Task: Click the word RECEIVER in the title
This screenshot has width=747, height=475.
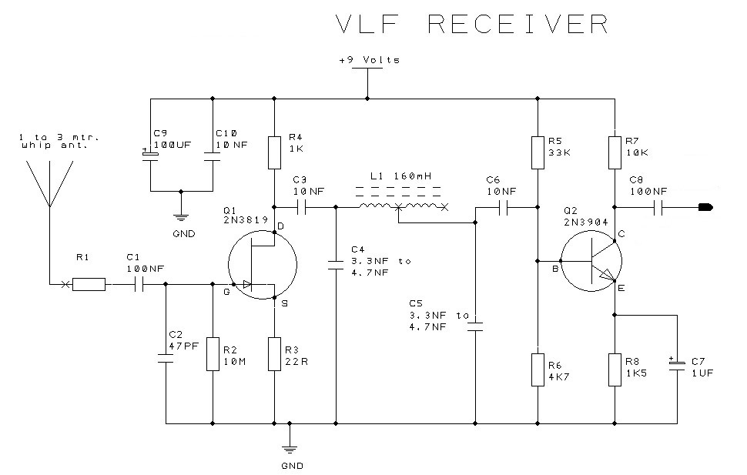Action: point(518,24)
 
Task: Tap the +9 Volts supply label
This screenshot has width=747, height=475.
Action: point(369,60)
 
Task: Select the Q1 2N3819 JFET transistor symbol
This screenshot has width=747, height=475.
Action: point(263,265)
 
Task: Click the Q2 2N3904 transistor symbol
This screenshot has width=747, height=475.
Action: point(591,261)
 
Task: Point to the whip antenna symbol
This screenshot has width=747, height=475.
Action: point(49,183)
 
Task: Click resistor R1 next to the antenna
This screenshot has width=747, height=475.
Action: point(89,284)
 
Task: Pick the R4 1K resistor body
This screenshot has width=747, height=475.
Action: point(274,152)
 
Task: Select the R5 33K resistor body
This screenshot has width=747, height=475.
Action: point(538,152)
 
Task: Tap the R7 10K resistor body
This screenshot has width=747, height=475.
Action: point(615,152)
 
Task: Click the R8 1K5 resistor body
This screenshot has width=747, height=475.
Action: point(615,370)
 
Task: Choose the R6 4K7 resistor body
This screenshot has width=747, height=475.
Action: point(538,370)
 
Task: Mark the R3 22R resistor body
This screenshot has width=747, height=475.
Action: point(274,354)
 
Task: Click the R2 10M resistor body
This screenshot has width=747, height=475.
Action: point(213,354)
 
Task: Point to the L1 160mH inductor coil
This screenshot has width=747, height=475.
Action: point(403,206)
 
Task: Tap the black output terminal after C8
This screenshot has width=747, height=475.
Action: point(705,207)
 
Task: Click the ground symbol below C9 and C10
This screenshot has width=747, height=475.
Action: point(180,218)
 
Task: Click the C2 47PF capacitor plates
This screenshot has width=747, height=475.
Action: point(166,358)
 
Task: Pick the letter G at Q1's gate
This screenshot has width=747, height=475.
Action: point(226,292)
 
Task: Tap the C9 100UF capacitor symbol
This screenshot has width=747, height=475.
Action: point(150,156)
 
